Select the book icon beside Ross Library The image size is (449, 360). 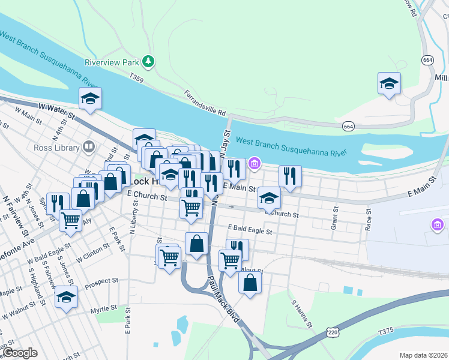click(89, 146)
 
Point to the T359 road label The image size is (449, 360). click(137, 77)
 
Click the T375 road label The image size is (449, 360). click(386, 331)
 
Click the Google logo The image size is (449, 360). click(20, 353)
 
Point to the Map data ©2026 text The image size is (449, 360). click(423, 355)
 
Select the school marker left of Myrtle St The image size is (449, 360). click(66, 297)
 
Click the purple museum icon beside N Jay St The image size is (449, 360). click(255, 163)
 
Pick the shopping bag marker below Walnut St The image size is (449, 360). click(250, 282)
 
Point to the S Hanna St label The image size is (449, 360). click(302, 314)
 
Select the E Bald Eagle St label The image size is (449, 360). click(250, 230)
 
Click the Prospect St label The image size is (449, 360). click(101, 281)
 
